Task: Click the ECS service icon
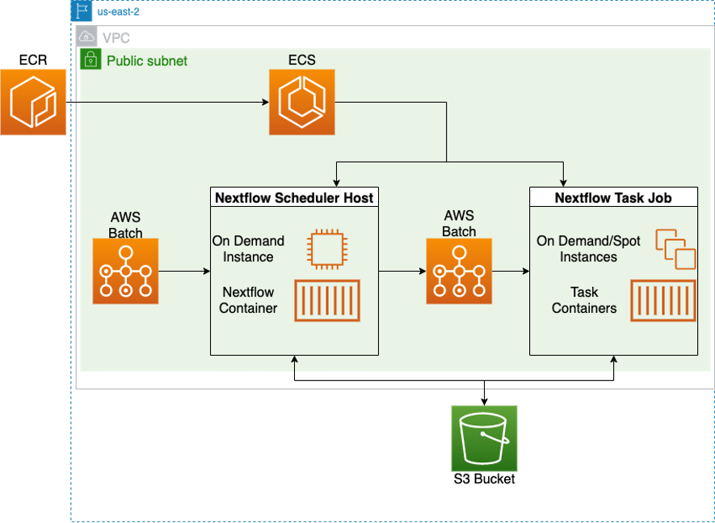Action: (x=301, y=103)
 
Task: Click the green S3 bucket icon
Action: (x=484, y=438)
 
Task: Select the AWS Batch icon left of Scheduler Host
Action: (x=125, y=271)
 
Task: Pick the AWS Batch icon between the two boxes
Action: (x=459, y=271)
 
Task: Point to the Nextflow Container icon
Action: (x=326, y=301)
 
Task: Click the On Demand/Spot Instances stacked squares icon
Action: (x=675, y=248)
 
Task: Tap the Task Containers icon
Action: (x=662, y=301)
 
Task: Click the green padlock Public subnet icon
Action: (x=90, y=59)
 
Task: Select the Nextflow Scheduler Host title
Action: (x=294, y=197)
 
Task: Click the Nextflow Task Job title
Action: (x=613, y=197)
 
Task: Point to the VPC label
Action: (x=116, y=38)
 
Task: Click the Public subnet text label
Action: (x=147, y=60)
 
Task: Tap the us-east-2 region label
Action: (x=118, y=12)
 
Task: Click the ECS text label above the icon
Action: (x=301, y=60)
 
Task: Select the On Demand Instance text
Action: (x=248, y=249)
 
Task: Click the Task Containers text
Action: (x=584, y=300)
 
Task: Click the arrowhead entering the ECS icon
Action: (x=264, y=103)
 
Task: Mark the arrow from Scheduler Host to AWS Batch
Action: (x=402, y=272)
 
